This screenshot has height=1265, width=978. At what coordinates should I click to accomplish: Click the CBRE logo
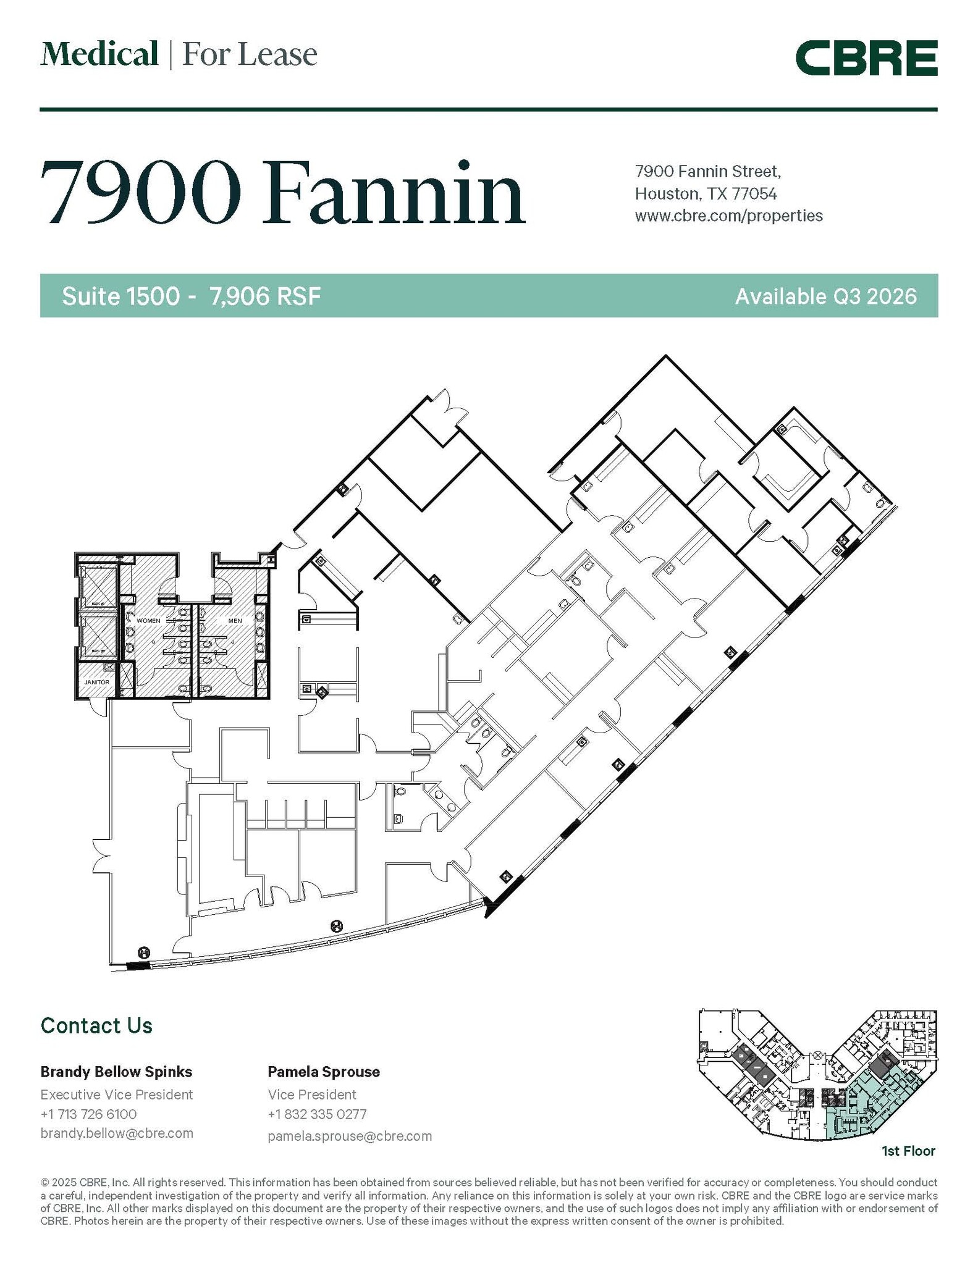click(x=866, y=58)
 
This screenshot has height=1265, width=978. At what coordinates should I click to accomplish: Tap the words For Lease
click(x=250, y=54)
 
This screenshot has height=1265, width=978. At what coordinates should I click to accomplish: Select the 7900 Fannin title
click(x=283, y=193)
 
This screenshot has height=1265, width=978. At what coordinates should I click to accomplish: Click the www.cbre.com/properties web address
click(x=728, y=216)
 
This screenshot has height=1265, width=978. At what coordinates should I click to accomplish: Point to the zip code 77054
click(x=754, y=193)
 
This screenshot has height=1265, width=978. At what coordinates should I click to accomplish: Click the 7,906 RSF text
click(x=265, y=296)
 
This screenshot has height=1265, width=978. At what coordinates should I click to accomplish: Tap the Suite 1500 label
click(x=121, y=296)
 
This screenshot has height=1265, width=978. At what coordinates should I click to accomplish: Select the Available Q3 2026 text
click(x=825, y=296)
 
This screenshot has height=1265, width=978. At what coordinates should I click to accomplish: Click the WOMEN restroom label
click(x=148, y=620)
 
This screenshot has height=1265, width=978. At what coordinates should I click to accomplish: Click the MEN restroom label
click(x=235, y=620)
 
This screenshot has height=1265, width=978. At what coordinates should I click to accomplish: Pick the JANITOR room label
click(x=97, y=682)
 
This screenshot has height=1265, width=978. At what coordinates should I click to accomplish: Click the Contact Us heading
click(x=96, y=1026)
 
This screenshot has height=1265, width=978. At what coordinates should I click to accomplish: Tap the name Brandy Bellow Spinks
click(x=116, y=1072)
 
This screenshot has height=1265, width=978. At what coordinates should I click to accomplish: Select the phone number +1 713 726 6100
click(x=88, y=1114)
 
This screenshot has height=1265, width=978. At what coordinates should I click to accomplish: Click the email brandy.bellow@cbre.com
click(x=117, y=1133)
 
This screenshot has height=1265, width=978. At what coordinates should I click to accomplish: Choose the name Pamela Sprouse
click(x=323, y=1072)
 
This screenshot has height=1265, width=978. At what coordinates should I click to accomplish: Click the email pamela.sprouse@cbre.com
click(x=350, y=1136)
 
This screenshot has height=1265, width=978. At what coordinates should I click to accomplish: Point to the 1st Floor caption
click(x=908, y=1151)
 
